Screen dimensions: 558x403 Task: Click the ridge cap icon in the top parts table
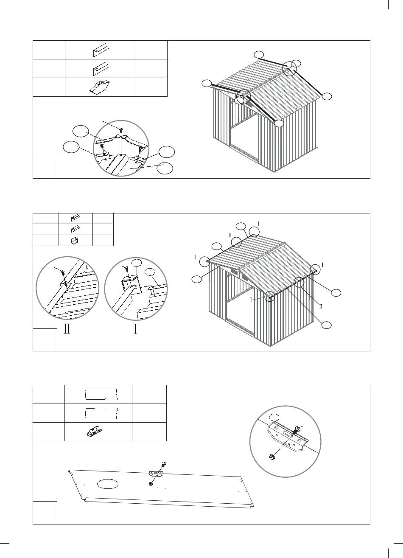tap(98, 87)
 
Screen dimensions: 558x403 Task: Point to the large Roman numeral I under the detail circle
tap(135, 329)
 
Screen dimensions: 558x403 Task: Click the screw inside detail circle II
tap(62, 272)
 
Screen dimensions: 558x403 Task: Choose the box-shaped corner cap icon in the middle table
tap(75, 241)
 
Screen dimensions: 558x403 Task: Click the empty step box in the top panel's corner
tap(45, 167)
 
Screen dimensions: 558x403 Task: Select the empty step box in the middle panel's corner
tap(45, 339)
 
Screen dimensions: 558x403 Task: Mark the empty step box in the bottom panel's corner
tap(45, 512)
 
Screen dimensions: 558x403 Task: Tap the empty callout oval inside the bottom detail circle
tap(275, 417)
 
